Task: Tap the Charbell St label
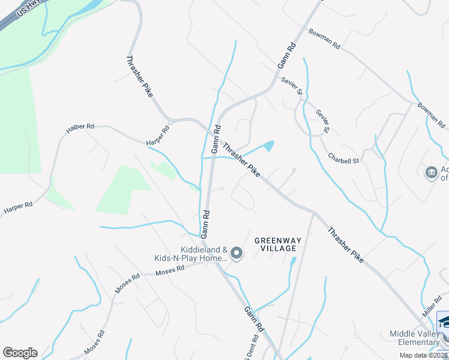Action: [x=343, y=159]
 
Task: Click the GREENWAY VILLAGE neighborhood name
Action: [x=276, y=244]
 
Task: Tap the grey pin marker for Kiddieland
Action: [x=237, y=254]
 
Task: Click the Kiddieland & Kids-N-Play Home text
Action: [x=192, y=254]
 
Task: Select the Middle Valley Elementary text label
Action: [x=415, y=338]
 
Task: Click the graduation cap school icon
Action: [x=445, y=323]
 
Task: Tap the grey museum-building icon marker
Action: [x=431, y=173]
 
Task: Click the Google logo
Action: [x=20, y=353]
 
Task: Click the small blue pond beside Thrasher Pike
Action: [x=269, y=146]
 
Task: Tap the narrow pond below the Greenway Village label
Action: [x=292, y=262]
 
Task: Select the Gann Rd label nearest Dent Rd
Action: [x=253, y=320]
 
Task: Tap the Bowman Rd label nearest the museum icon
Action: [x=433, y=116]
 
